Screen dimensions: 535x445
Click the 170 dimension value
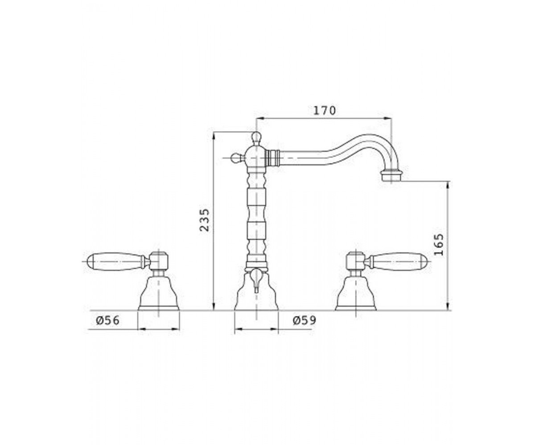(x=325, y=110)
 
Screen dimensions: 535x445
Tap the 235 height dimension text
(x=205, y=220)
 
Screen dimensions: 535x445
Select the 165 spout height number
(x=439, y=244)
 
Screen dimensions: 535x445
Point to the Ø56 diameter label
(x=108, y=320)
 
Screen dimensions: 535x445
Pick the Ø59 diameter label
(x=305, y=320)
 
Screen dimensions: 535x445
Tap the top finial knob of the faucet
(x=256, y=138)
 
